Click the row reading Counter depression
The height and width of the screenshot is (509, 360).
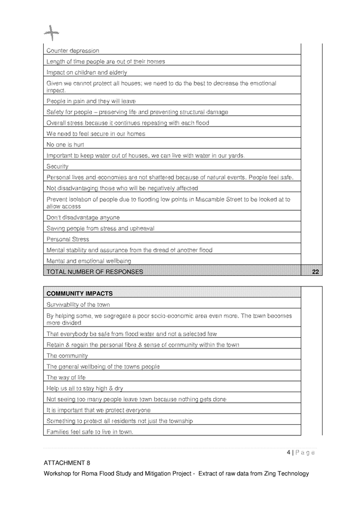click(73, 51)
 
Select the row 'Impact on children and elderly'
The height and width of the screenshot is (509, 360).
click(86, 72)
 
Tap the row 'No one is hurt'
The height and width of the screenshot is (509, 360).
click(65, 145)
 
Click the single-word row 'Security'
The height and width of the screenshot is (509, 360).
click(59, 166)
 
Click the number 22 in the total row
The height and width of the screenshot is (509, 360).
click(315, 272)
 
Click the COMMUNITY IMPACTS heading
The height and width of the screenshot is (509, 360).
click(79, 293)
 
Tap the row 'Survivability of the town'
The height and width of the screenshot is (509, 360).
click(78, 304)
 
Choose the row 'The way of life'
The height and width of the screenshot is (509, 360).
click(66, 377)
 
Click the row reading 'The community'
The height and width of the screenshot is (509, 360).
click(67, 355)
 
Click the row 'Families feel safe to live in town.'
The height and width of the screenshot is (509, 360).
click(90, 431)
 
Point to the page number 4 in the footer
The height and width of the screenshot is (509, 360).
click(288, 452)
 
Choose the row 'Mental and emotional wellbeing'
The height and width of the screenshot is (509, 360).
click(89, 261)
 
